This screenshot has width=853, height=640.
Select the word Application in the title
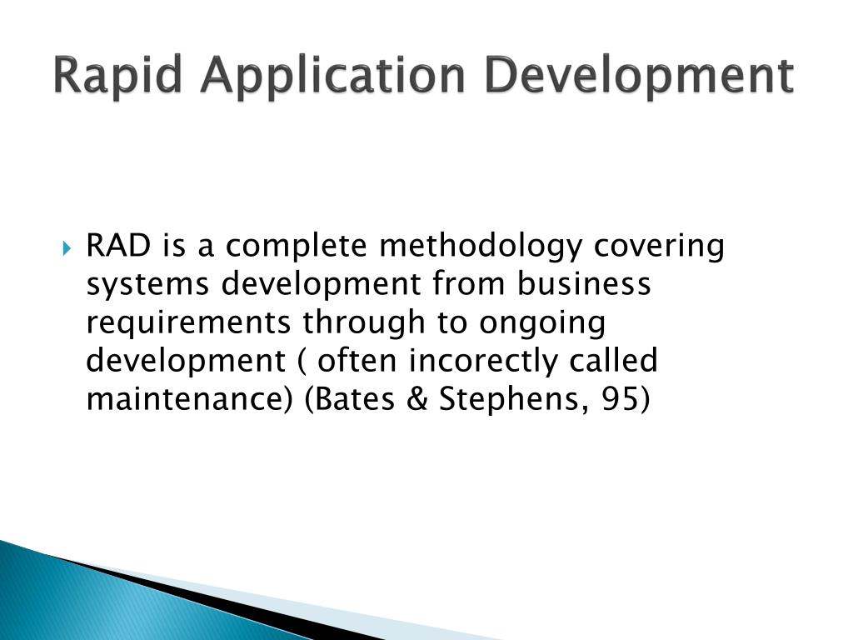click(332, 76)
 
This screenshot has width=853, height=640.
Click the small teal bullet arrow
click(67, 249)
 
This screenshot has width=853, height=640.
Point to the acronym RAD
click(118, 246)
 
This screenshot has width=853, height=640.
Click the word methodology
click(481, 247)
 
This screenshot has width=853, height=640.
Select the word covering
click(659, 247)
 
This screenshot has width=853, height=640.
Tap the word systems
click(147, 285)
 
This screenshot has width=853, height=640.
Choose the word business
click(584, 283)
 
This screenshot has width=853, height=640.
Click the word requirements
click(188, 322)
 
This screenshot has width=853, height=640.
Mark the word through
click(363, 322)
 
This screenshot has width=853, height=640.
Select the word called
click(614, 360)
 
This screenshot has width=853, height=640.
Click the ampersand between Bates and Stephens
click(417, 399)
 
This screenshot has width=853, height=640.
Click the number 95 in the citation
click(620, 399)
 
